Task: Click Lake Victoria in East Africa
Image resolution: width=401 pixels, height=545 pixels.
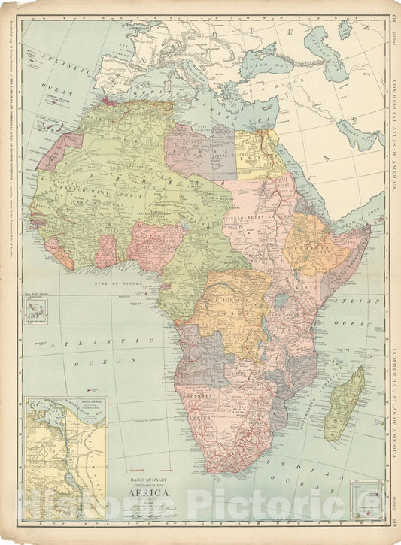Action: coord(281,301)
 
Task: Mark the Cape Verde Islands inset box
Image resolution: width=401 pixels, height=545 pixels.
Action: coord(34,310)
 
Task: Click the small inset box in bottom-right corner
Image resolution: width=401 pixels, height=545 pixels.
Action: coord(367,497)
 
